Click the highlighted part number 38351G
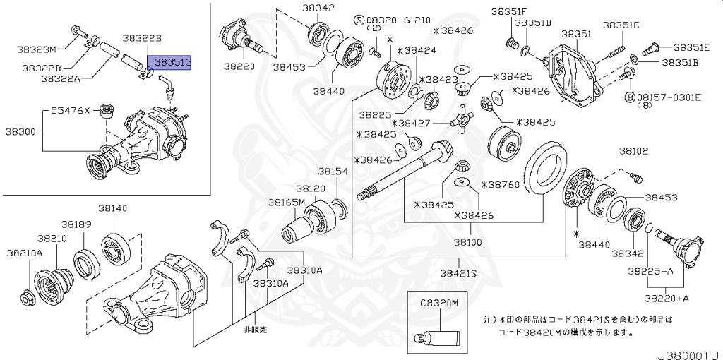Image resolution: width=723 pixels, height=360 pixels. pyautogui.click(x=168, y=63)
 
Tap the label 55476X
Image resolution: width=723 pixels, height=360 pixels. pyautogui.click(x=71, y=111)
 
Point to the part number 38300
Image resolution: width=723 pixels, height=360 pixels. pyautogui.click(x=22, y=131)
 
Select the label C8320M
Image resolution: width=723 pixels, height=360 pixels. pyautogui.click(x=440, y=302)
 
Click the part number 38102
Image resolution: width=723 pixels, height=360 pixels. pyautogui.click(x=633, y=151)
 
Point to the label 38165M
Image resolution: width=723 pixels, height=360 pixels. pyautogui.click(x=286, y=203)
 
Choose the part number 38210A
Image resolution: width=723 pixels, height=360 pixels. pyautogui.click(x=25, y=252)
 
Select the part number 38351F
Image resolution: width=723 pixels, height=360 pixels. pyautogui.click(x=509, y=11)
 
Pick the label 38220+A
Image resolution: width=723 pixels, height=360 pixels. pyautogui.click(x=668, y=299)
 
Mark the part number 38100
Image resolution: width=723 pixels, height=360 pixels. pyautogui.click(x=467, y=241)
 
